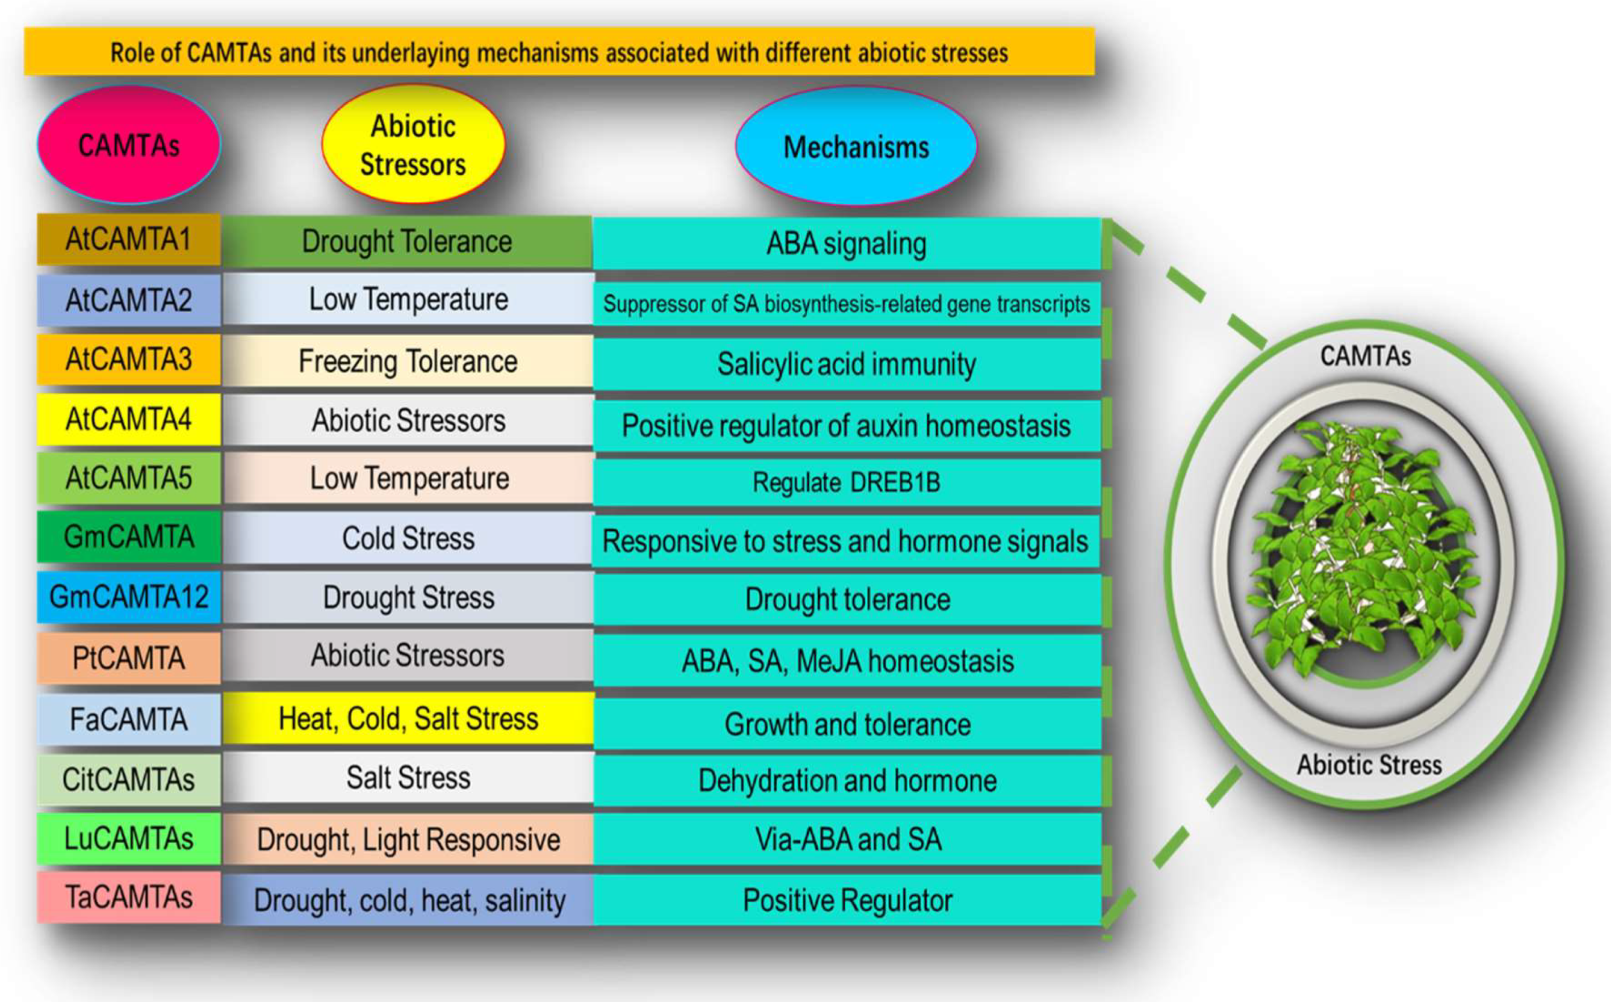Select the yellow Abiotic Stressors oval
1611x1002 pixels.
(413, 144)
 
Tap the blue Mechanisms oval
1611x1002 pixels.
(856, 146)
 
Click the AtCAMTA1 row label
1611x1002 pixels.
(128, 239)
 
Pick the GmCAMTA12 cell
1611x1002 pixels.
(128, 597)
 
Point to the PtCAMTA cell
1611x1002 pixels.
(128, 658)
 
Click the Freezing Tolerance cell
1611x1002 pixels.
(408, 361)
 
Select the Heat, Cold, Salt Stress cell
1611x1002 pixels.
(408, 718)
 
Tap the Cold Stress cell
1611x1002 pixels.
(408, 538)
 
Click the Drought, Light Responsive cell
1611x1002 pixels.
(408, 840)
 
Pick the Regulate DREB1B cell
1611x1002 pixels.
(846, 483)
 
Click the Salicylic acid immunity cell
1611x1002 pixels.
(846, 364)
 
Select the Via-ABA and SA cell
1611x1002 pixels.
(848, 840)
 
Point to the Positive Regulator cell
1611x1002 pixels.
(848, 900)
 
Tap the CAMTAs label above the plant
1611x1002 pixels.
(1365, 356)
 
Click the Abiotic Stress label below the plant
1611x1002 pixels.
(1369, 765)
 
